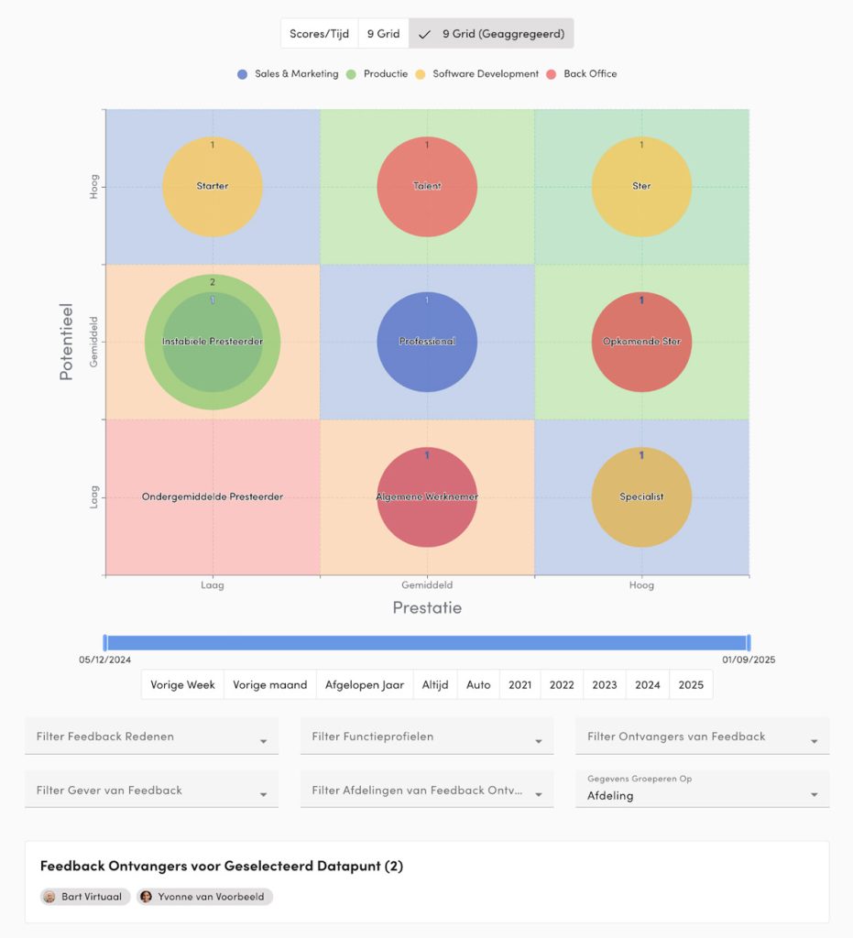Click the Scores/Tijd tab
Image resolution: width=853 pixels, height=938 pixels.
point(319,34)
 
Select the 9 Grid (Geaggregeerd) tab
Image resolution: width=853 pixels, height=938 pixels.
point(491,34)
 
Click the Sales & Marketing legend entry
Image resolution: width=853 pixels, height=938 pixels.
point(288,74)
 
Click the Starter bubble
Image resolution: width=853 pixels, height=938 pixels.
point(213,187)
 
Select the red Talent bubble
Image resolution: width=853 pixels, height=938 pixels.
point(427,187)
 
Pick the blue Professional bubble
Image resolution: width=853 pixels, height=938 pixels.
point(427,342)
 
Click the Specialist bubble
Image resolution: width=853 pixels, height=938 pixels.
point(641,497)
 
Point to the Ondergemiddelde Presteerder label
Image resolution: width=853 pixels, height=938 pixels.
point(213,497)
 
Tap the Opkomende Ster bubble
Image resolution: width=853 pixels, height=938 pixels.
point(641,342)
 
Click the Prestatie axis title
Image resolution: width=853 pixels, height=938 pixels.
point(427,607)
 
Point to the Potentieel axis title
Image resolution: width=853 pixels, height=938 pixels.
point(66,342)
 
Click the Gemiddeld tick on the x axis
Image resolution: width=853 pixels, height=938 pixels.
point(427,584)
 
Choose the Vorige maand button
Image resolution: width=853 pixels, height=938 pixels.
point(270,685)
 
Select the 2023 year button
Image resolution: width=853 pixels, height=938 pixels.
point(605,685)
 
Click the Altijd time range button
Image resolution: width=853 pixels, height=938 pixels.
point(435,685)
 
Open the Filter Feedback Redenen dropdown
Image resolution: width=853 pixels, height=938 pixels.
point(151,736)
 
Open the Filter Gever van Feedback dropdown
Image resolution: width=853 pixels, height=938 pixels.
point(151,791)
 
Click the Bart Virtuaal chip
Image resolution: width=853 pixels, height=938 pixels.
point(86,897)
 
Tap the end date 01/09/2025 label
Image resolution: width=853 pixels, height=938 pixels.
point(749,660)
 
